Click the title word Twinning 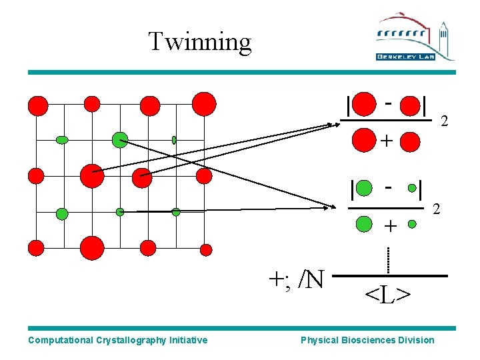(199, 41)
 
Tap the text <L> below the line (387, 293)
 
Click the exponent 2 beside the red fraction (445, 121)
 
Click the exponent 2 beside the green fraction (437, 209)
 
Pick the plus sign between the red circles (386, 141)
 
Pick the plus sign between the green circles (389, 227)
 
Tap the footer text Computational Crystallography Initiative (118, 340)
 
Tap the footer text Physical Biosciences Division (367, 340)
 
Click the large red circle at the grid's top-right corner (204, 104)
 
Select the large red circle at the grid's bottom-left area (92, 248)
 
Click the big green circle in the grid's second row (120, 139)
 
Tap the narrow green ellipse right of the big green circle (174, 140)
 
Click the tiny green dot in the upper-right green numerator (413, 188)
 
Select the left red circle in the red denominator (363, 141)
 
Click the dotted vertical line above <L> (388, 259)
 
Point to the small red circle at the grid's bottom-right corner (206, 249)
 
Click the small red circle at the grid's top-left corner (39, 105)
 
